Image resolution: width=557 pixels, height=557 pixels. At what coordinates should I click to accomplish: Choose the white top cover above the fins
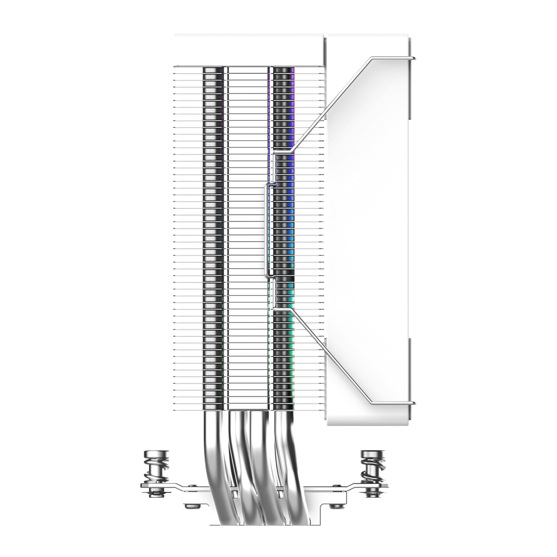pyautogui.click(x=249, y=50)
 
